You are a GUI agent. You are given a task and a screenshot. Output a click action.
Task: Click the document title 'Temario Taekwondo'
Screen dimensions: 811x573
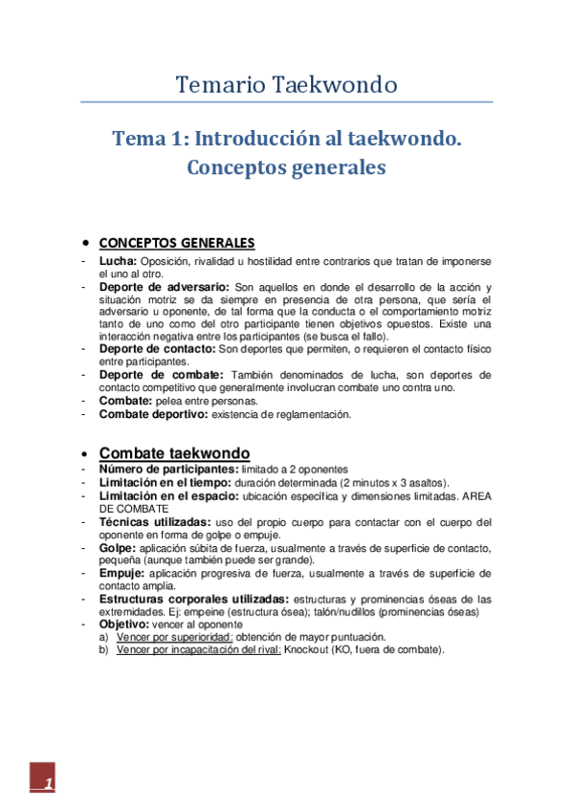[286, 84]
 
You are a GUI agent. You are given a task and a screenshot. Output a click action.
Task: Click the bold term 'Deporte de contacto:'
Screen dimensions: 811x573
[157, 351]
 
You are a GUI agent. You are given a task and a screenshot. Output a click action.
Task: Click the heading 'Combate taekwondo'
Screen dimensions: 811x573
[175, 452]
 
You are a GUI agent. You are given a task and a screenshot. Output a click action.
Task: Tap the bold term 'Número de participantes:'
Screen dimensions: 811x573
[168, 470]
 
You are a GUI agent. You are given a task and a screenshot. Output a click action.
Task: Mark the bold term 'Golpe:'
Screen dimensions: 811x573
[118, 548]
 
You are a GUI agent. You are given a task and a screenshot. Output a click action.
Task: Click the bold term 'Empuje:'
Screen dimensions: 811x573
[121, 573]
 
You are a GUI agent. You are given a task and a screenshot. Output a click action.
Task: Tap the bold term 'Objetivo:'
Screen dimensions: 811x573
[124, 624]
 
